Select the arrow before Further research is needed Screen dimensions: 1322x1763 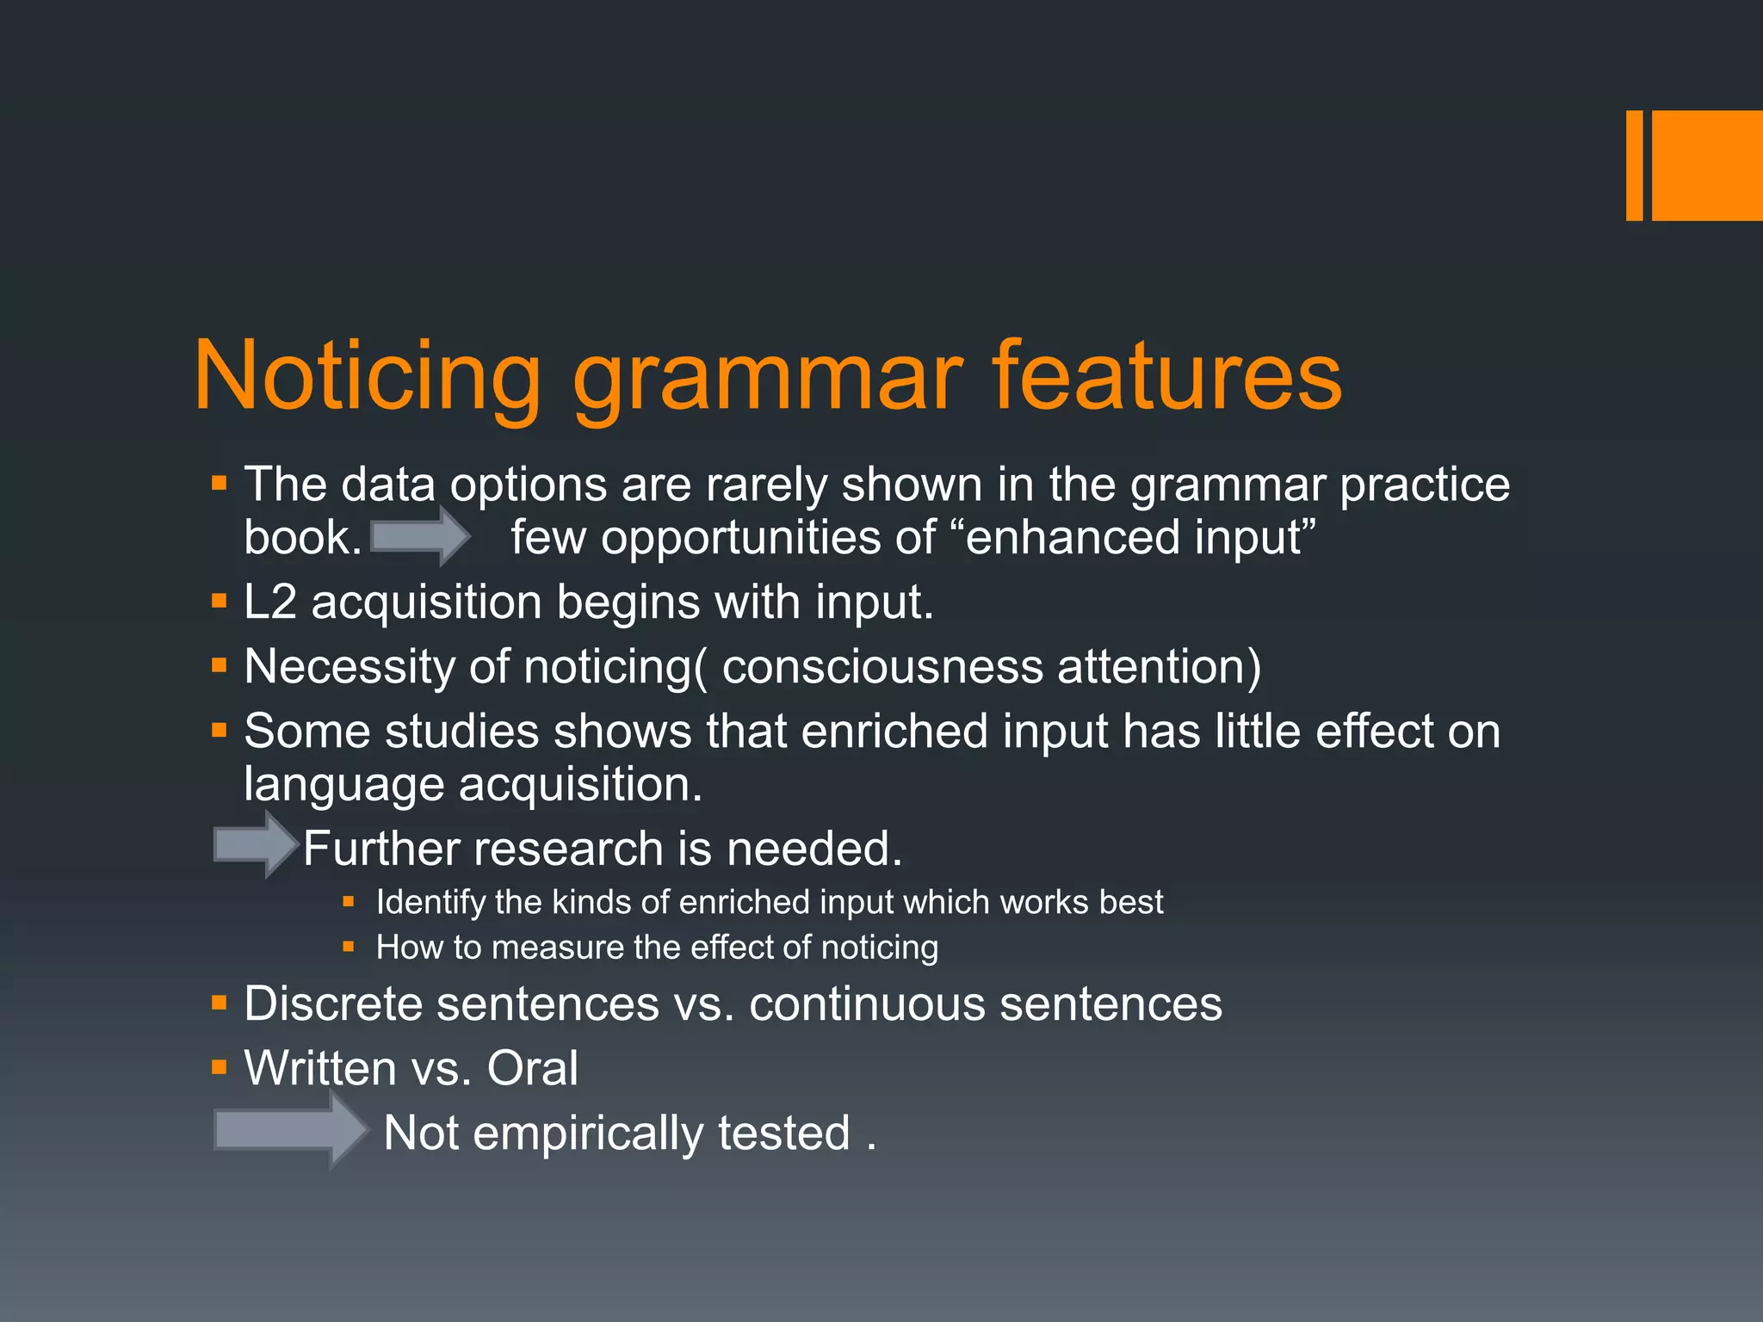[255, 844]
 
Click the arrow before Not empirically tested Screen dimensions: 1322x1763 [290, 1129]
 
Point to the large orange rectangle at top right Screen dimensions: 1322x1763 [1707, 165]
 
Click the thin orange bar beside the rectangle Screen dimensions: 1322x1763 [1634, 165]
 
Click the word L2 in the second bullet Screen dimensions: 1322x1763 [269, 602]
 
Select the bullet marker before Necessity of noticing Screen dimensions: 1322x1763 [220, 665]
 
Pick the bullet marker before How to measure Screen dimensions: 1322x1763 [349, 947]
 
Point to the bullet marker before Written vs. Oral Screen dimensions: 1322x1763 [220, 1068]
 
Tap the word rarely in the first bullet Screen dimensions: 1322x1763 [766, 485]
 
